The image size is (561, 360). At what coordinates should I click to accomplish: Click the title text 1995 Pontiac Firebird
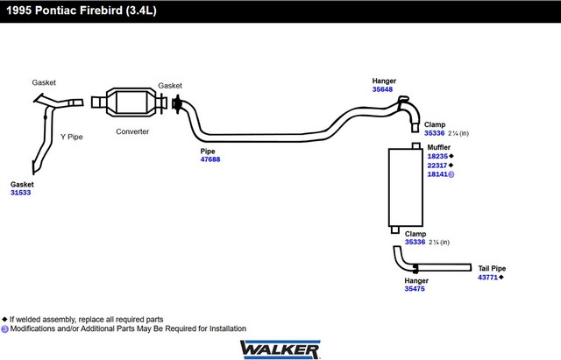coord(79,11)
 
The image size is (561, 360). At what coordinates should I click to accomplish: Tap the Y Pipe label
coord(71,137)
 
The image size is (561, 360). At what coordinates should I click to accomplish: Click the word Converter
coord(132,132)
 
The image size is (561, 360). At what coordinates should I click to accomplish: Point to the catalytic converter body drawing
coord(131,102)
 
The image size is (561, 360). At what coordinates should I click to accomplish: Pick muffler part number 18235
coord(438,156)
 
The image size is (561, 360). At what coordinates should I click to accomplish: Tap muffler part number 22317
coord(438,166)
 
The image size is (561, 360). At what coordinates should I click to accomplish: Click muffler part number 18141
coord(438,175)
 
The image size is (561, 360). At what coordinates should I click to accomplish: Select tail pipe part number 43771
coord(488,278)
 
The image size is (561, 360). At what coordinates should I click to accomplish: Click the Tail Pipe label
coord(491,268)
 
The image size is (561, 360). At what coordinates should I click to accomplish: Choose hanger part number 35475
coord(415,289)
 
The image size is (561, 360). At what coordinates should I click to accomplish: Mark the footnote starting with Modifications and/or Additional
coord(127,328)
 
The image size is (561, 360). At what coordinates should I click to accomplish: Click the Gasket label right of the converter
coord(170,86)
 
